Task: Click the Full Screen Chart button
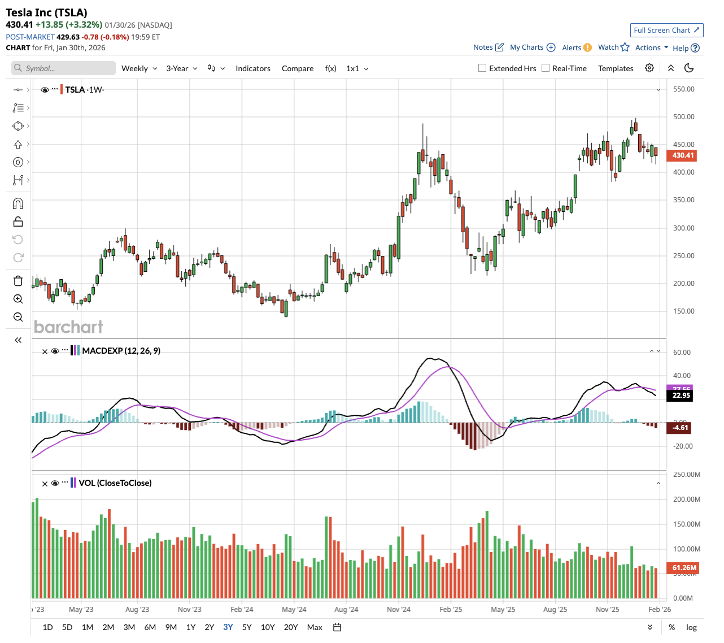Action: [x=666, y=30]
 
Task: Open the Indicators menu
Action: [x=252, y=68]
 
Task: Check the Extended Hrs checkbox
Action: [x=482, y=68]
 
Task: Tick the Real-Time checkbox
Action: [x=546, y=68]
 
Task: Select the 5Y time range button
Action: [x=247, y=627]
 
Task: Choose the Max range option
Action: [x=315, y=627]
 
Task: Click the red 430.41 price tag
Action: [x=682, y=155]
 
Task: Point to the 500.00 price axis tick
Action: [x=683, y=117]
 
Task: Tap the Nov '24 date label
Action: [x=399, y=609]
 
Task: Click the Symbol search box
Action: [x=63, y=68]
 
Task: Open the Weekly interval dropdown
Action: [x=139, y=68]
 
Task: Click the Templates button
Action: [x=616, y=68]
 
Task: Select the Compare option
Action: [x=298, y=68]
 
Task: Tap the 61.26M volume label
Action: [x=684, y=567]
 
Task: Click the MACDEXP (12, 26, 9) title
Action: [x=121, y=351]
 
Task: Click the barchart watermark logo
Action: [x=68, y=327]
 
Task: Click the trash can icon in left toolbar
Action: [x=18, y=281]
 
